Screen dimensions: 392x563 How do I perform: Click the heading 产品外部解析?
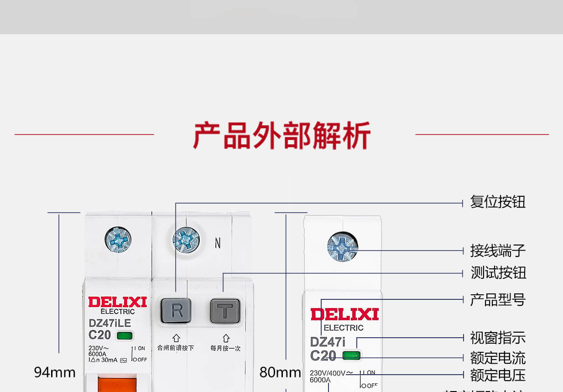281,135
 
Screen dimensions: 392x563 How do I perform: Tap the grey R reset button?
176,310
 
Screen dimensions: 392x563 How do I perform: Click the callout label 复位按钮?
498,202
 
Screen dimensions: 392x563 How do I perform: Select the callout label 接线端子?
498,251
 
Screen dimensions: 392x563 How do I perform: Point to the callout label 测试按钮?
498,273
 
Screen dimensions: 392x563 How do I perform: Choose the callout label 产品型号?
498,300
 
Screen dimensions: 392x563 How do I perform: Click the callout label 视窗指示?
498,338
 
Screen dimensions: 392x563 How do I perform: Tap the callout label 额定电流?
498,358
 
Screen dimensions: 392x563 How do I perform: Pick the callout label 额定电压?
498,376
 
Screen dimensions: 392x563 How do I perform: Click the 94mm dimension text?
55,373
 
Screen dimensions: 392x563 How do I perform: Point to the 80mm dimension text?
280,373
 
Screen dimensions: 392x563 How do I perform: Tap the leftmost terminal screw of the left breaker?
118,239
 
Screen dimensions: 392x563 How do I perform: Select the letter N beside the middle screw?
218,244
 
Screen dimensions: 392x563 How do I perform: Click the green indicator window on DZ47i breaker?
351,355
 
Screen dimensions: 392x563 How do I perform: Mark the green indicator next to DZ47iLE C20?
125,336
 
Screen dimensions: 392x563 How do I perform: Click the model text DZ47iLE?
109,323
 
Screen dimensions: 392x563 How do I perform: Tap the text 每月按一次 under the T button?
225,348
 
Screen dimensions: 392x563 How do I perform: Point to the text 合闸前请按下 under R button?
176,348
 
